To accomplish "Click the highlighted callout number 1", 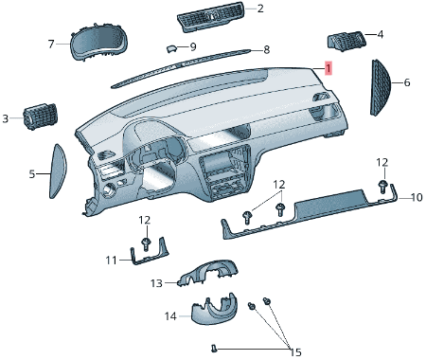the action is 328,68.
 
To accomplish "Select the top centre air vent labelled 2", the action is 211,17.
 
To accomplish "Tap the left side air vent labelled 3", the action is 41,116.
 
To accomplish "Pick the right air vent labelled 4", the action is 346,41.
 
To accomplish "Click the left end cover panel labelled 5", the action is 58,171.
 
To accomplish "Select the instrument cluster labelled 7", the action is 98,42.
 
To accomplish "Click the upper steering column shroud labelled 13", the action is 208,273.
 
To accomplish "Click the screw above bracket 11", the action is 146,244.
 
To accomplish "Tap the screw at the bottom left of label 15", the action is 214,349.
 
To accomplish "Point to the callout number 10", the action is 417,197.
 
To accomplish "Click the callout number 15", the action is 295,352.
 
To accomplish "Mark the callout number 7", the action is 51,44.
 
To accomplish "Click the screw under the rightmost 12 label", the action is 382,186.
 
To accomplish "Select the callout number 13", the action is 156,283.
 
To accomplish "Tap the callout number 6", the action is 407,82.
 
